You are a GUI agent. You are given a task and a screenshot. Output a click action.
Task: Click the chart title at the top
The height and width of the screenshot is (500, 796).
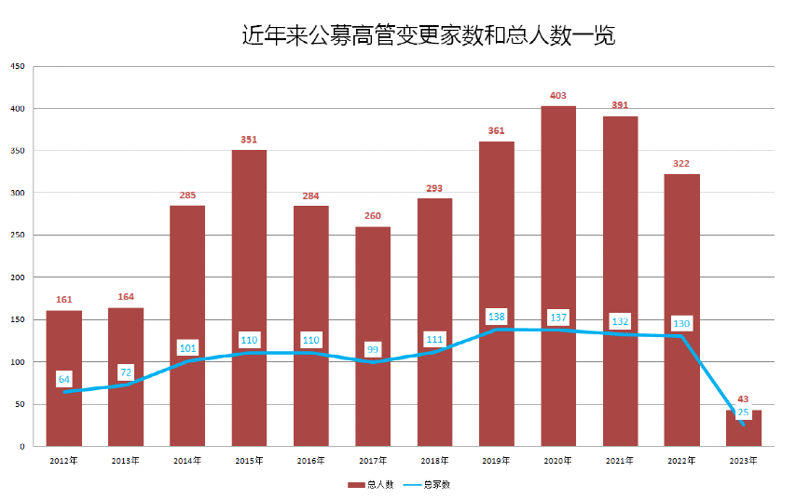(x=428, y=35)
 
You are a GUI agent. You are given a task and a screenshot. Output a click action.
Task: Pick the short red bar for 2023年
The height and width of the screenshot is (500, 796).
(x=744, y=430)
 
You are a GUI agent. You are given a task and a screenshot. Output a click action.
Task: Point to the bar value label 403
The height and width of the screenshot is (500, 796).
(x=558, y=96)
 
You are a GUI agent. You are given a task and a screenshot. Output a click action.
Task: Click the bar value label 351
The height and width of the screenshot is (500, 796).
(x=249, y=140)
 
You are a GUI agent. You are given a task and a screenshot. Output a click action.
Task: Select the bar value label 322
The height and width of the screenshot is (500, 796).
(x=681, y=164)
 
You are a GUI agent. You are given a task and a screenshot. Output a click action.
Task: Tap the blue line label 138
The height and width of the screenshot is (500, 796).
(x=497, y=317)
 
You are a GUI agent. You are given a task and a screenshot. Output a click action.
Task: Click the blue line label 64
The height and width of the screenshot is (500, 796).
(x=64, y=379)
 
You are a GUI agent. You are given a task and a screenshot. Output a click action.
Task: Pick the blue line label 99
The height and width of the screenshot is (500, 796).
(x=373, y=349)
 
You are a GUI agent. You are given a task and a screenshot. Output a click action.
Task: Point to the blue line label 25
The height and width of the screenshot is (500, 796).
(x=743, y=412)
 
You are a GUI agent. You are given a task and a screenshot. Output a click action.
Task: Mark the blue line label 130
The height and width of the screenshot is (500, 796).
(x=681, y=323)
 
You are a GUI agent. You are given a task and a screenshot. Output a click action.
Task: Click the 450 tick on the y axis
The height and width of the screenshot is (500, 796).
(x=18, y=67)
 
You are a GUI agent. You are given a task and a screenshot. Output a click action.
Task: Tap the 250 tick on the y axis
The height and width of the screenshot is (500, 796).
(x=18, y=236)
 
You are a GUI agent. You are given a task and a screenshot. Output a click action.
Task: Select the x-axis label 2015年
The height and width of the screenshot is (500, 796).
(x=249, y=460)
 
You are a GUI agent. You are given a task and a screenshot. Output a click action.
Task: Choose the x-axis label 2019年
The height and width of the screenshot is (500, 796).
(x=497, y=460)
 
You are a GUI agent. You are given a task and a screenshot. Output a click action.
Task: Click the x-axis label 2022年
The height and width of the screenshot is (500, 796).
(x=681, y=460)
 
